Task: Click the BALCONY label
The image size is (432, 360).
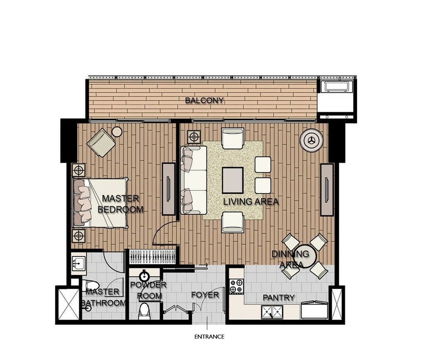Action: (x=204, y=101)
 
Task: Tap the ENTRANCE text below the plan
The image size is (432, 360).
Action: (x=209, y=337)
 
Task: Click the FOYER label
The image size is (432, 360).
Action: (x=205, y=295)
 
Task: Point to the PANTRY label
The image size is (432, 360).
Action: (x=279, y=298)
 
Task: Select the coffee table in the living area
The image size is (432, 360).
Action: (x=233, y=180)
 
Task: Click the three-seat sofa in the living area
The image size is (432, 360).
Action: (x=194, y=180)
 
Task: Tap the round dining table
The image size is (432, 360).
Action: (x=305, y=257)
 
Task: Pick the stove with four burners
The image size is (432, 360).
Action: (x=237, y=286)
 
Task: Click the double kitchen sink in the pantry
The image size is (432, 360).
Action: (x=272, y=312)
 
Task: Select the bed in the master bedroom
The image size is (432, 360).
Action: (x=101, y=203)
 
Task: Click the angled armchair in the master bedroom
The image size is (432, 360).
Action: (x=101, y=142)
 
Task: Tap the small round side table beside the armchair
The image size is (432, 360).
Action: (x=117, y=132)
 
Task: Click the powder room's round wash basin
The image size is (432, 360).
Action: (x=144, y=276)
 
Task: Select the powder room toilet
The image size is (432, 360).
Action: (x=144, y=311)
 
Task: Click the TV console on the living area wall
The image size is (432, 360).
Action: (x=327, y=190)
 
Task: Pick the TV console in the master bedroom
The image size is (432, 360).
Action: (x=168, y=189)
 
